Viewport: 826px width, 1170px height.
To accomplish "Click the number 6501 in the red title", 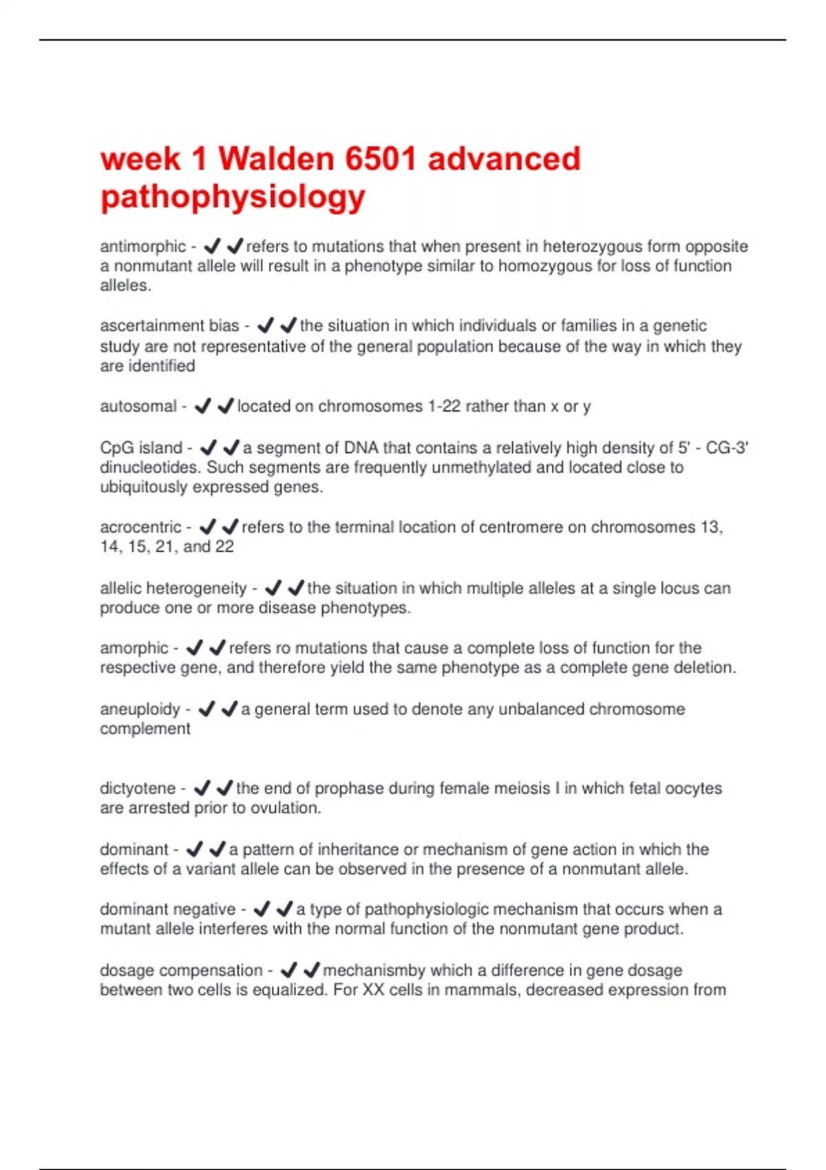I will pos(381,159).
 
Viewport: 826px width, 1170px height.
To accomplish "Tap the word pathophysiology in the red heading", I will pos(233,198).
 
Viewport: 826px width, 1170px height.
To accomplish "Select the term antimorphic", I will pos(142,246).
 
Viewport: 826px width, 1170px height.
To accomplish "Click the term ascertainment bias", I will pos(169,326).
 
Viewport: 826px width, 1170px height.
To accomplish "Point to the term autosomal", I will pos(138,407).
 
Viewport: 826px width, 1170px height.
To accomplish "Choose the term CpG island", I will pos(141,448).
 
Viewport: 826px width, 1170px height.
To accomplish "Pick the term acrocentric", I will pos(140,527).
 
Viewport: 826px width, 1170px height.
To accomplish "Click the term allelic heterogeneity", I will pos(173,588).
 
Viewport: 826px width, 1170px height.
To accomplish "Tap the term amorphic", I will pos(134,648).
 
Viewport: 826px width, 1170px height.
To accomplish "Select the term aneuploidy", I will pos(140,710).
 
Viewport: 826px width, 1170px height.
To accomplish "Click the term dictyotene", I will pos(138,789).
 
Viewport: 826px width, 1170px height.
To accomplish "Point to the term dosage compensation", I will pos(181,970).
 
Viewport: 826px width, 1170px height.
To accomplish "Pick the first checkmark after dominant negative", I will pos(262,909).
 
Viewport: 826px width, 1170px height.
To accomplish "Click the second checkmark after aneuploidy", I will pos(230,709).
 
